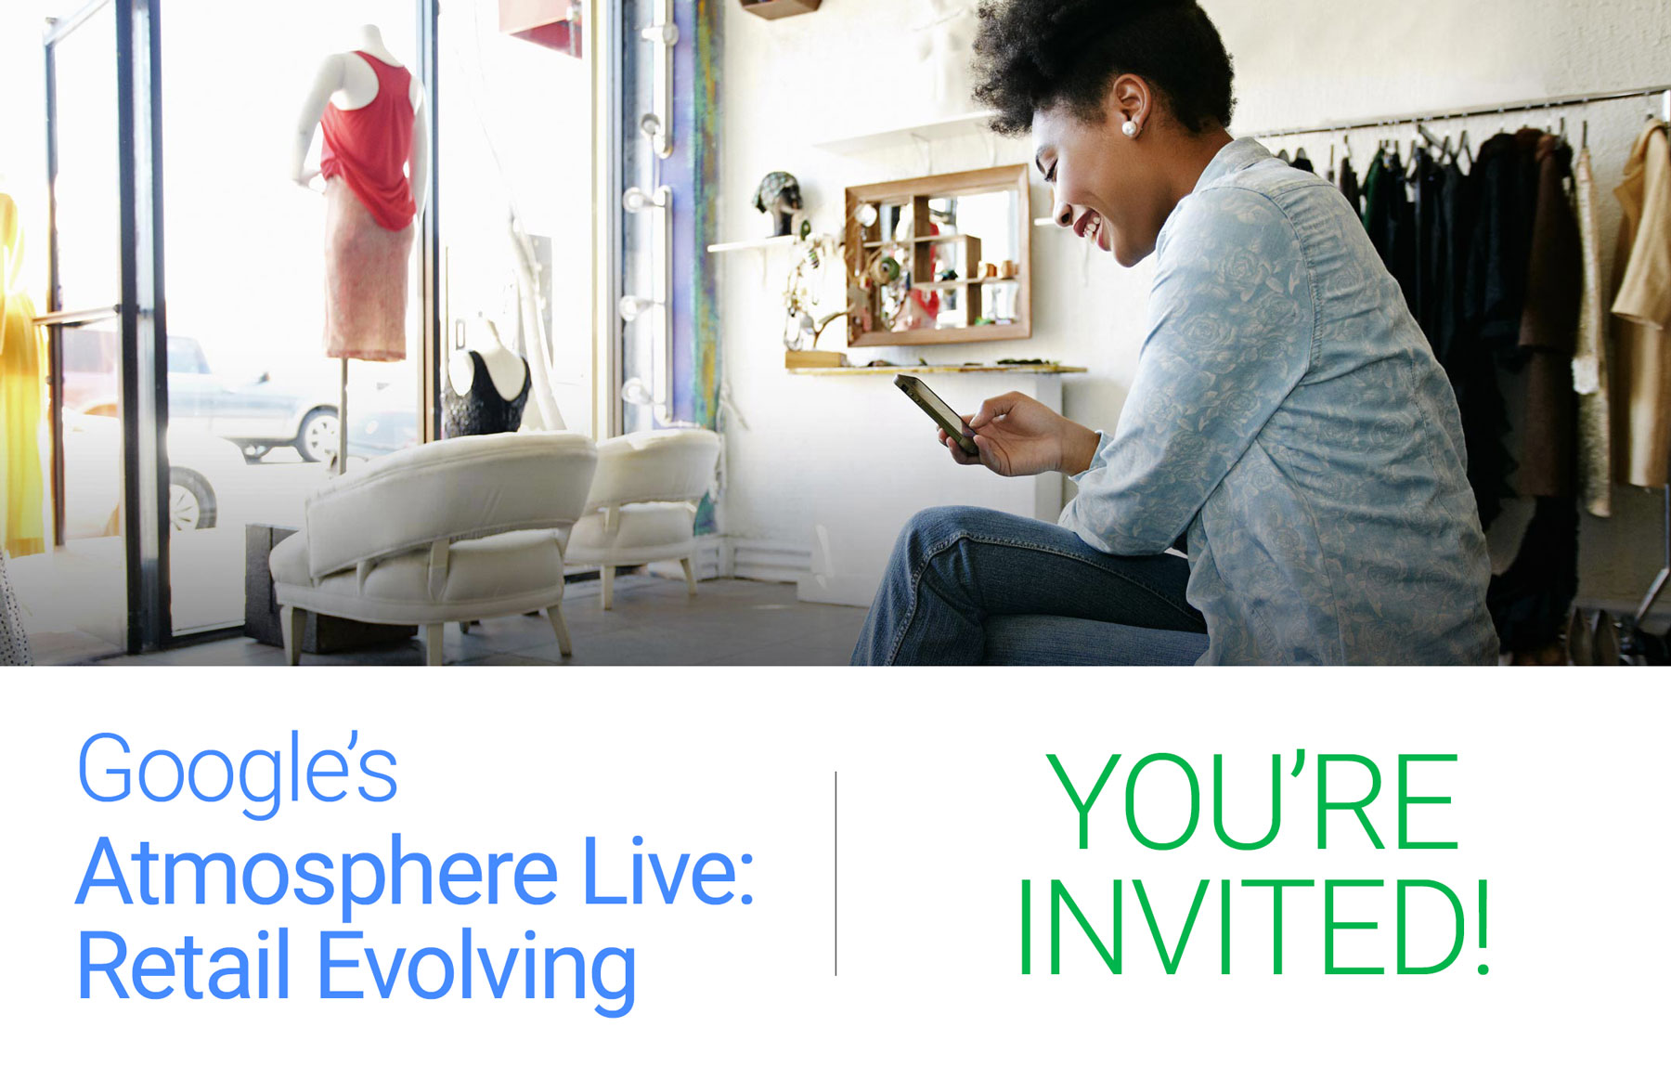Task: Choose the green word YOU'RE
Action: pos(1253,802)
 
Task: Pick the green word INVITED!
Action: pos(1253,929)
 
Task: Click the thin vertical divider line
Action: pos(835,873)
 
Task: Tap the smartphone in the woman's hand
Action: pos(936,412)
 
